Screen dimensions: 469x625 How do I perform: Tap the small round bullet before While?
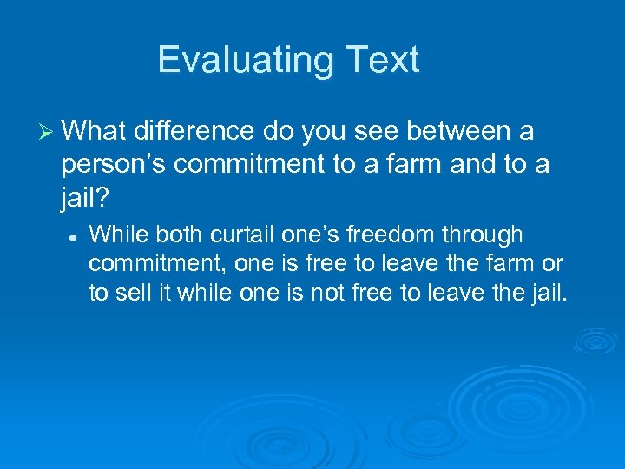pos(76,235)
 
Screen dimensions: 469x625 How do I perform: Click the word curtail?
pos(238,234)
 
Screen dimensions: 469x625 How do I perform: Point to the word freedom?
pos(390,234)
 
